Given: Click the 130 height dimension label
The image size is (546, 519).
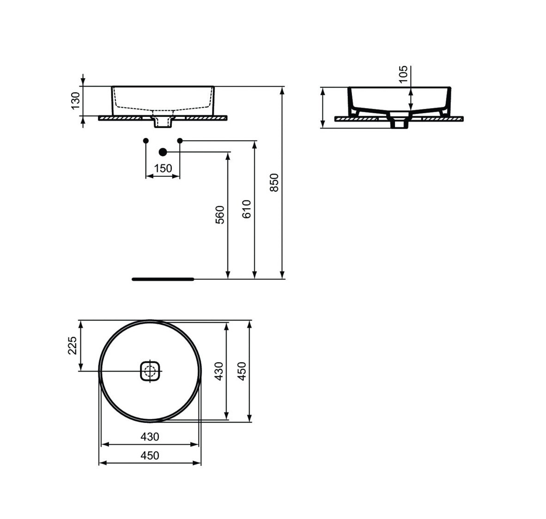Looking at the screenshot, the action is [x=76, y=101].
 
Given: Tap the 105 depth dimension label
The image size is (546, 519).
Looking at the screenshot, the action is [x=403, y=74].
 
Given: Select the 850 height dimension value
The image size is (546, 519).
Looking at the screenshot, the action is [x=274, y=182].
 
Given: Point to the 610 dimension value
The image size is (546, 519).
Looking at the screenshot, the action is [x=246, y=209].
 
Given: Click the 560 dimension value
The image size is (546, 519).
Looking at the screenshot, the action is [x=220, y=215].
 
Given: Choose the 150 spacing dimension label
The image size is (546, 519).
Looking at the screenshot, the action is [x=163, y=169].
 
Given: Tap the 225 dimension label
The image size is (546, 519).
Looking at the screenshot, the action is [x=73, y=345].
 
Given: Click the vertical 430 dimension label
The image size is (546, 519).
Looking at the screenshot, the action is [x=218, y=371].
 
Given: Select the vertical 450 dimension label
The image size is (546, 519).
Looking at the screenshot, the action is [x=242, y=371].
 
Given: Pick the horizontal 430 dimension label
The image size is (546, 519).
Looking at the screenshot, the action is [x=150, y=436].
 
